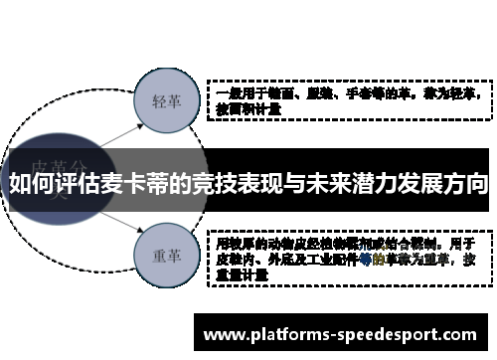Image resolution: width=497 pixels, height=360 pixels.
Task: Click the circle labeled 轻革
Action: tap(165, 102)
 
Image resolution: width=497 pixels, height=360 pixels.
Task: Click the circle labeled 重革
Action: tap(165, 254)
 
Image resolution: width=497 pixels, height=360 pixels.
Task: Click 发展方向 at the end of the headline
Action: tap(444, 185)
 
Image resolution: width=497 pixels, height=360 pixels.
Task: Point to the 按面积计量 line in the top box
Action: tap(248, 110)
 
